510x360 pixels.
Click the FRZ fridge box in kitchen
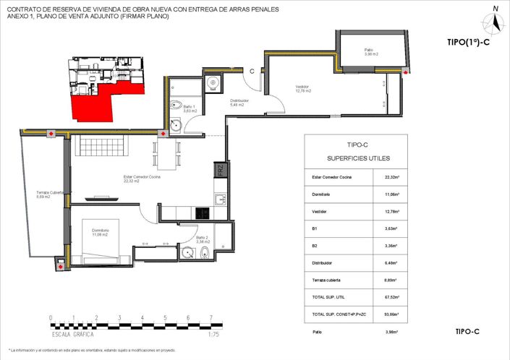[218, 171]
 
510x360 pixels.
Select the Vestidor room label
[303, 89]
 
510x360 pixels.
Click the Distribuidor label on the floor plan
[239, 103]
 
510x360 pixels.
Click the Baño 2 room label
[202, 239]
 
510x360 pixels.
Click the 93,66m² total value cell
[382, 314]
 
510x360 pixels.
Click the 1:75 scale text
[213, 335]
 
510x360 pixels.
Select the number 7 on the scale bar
[211, 317]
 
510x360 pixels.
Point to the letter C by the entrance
[251, 71]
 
